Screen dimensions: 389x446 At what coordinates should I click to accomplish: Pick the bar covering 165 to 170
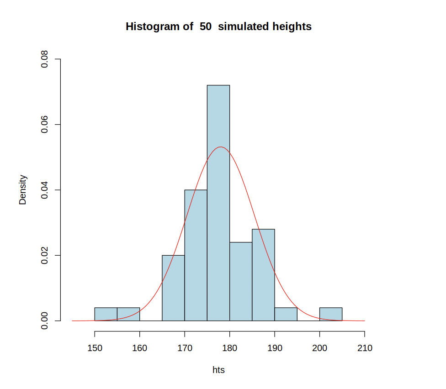173,288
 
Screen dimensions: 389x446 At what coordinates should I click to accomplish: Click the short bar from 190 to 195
286,314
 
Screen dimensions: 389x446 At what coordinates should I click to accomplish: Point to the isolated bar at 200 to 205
331,314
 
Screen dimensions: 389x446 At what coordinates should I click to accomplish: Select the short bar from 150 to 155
106,314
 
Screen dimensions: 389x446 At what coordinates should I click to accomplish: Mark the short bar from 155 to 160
128,314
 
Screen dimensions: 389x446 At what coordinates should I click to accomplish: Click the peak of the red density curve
221,147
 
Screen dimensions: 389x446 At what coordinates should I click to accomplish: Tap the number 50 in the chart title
206,26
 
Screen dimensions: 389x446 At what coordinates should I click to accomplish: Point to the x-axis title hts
218,370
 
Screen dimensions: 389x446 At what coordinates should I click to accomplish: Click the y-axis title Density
23,189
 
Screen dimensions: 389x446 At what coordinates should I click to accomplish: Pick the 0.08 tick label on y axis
45,59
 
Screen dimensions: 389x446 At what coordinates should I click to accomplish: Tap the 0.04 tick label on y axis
45,190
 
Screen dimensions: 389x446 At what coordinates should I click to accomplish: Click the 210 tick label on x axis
365,348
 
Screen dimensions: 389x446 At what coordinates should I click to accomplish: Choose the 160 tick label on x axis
139,348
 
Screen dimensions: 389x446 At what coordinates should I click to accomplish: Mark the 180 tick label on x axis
229,348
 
